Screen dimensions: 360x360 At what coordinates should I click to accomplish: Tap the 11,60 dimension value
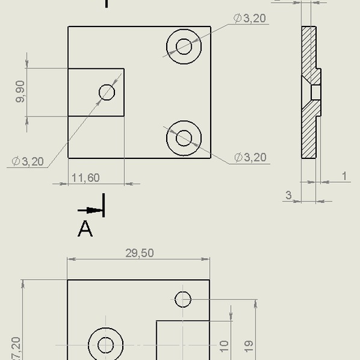[x=85, y=179]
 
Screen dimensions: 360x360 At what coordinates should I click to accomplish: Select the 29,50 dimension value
[x=140, y=253]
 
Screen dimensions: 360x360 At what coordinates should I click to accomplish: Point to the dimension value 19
[x=249, y=345]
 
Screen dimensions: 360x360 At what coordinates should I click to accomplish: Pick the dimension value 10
[x=225, y=345]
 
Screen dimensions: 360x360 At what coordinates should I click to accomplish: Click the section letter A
[x=85, y=229]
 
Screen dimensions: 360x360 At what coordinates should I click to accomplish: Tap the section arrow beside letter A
[x=89, y=210]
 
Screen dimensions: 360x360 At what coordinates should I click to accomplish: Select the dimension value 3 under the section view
[x=289, y=195]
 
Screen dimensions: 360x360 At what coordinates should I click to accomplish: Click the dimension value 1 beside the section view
[x=345, y=177]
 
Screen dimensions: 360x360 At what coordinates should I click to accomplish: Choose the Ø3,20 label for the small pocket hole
[x=28, y=161]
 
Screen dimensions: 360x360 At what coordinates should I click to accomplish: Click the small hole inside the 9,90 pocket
[x=107, y=91]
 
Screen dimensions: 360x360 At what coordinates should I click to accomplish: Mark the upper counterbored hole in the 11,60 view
[x=183, y=46]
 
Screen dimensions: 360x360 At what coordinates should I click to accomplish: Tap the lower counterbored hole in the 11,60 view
[x=183, y=137]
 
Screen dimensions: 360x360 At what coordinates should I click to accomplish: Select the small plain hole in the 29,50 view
[x=183, y=299]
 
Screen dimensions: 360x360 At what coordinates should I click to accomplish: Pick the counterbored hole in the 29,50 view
[x=105, y=345]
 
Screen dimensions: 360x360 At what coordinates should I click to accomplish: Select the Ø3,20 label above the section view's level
[x=250, y=18]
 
